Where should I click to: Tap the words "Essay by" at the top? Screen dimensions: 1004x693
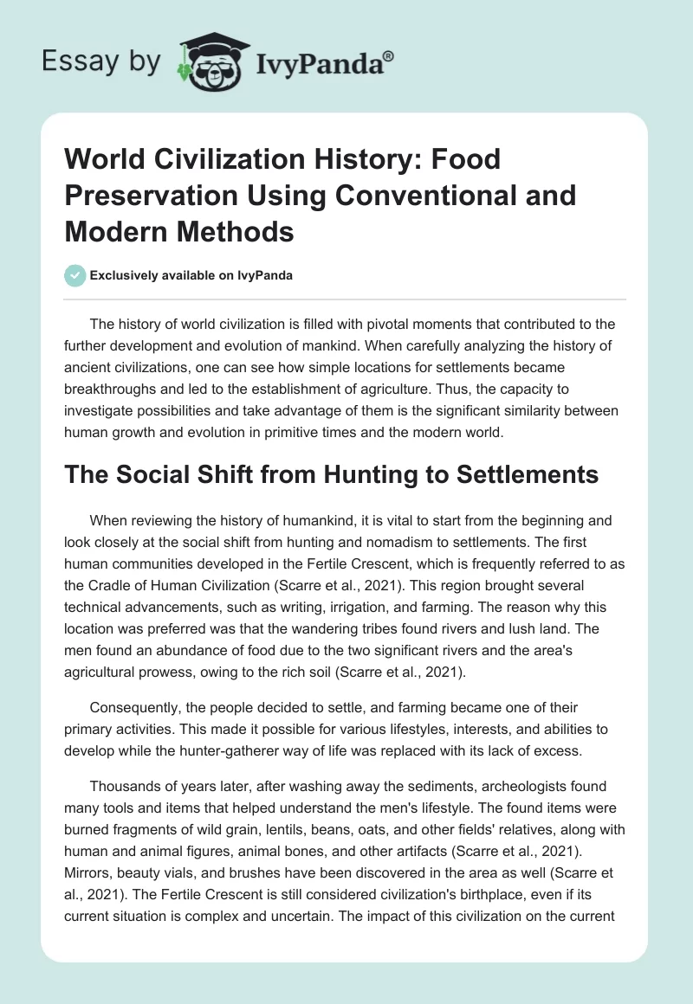(x=102, y=62)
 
